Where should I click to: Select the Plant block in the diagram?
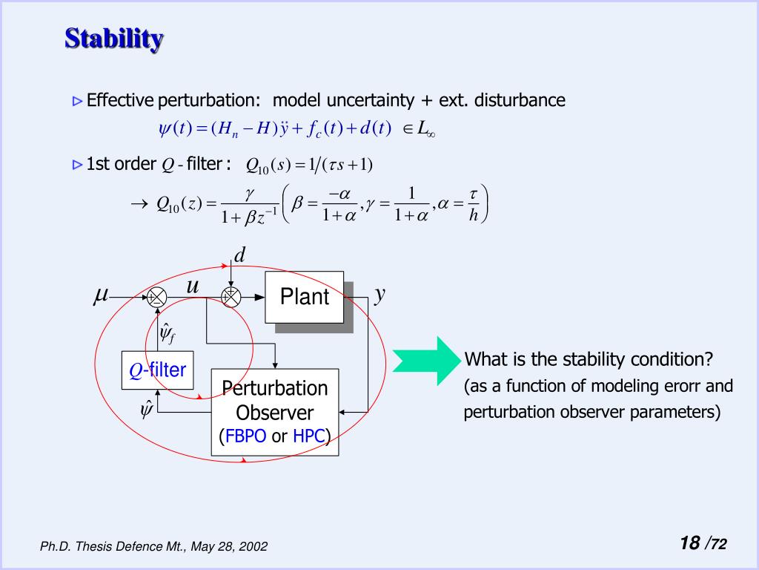click(304, 297)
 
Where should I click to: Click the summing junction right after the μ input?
click(157, 297)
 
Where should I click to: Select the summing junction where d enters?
click(231, 297)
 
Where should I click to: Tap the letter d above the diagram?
click(239, 256)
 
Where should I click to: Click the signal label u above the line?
click(193, 285)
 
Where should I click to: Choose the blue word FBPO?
click(245, 436)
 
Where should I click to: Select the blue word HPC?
click(309, 436)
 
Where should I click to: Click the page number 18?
click(689, 543)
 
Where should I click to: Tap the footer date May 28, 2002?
click(229, 547)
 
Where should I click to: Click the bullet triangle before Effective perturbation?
click(77, 101)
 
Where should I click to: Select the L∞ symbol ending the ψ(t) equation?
click(424, 130)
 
